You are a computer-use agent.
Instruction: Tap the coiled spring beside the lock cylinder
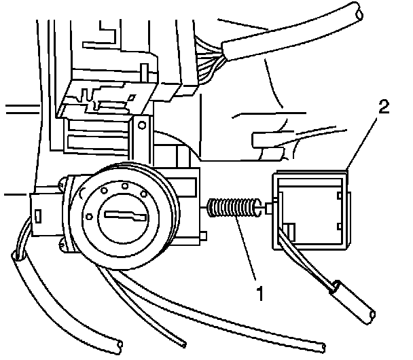[x=233, y=207]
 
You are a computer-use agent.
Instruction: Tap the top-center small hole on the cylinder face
[x=125, y=184]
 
